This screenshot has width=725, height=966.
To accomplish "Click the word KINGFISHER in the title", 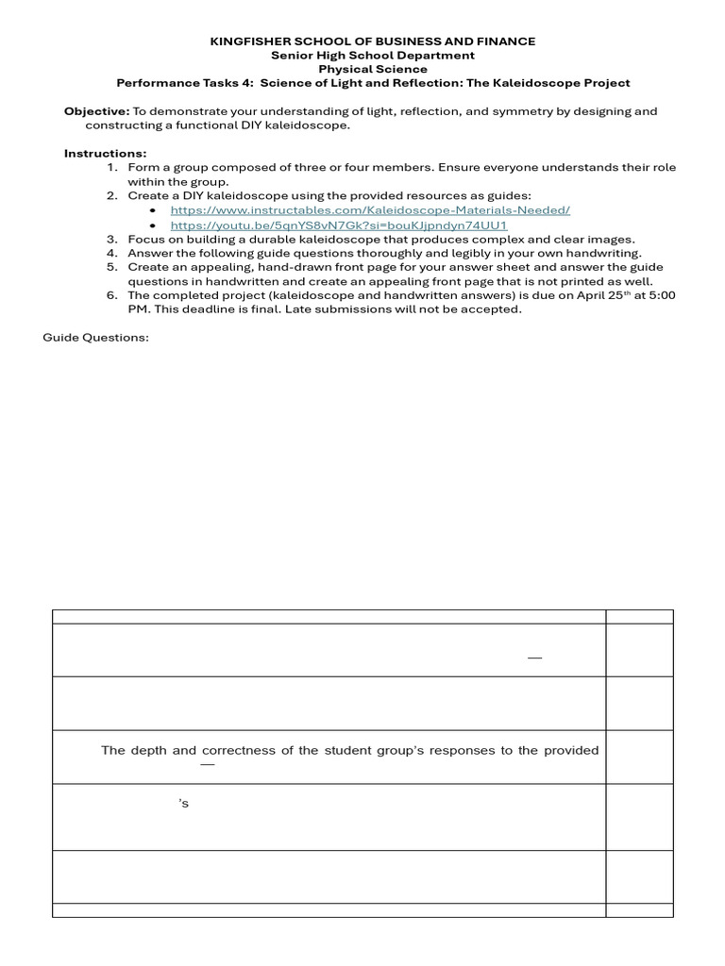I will [x=244, y=42].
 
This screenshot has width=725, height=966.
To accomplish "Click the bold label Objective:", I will [x=96, y=111].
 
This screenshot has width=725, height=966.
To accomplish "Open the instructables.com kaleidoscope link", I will [x=370, y=210].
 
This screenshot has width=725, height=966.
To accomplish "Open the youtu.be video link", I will [x=339, y=225].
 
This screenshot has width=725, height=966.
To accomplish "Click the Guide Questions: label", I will [x=95, y=338].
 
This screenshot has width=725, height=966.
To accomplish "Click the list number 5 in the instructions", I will [x=111, y=267].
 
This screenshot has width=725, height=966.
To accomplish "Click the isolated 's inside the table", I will [x=184, y=804].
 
